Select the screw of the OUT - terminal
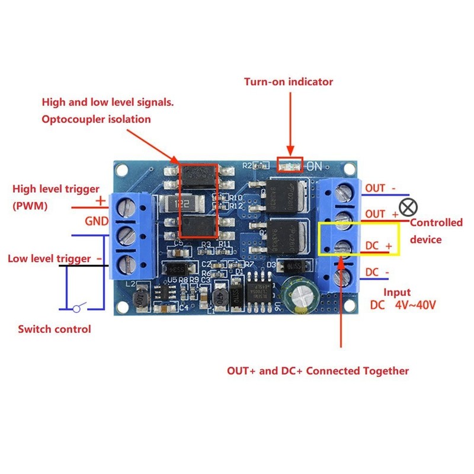point(343,191)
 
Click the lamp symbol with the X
point(408,207)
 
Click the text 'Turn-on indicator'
point(289,82)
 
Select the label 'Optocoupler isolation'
point(96,119)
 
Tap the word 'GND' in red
point(97,221)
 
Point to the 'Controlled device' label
point(436,231)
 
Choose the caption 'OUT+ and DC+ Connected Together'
point(318,371)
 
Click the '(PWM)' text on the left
point(31,206)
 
